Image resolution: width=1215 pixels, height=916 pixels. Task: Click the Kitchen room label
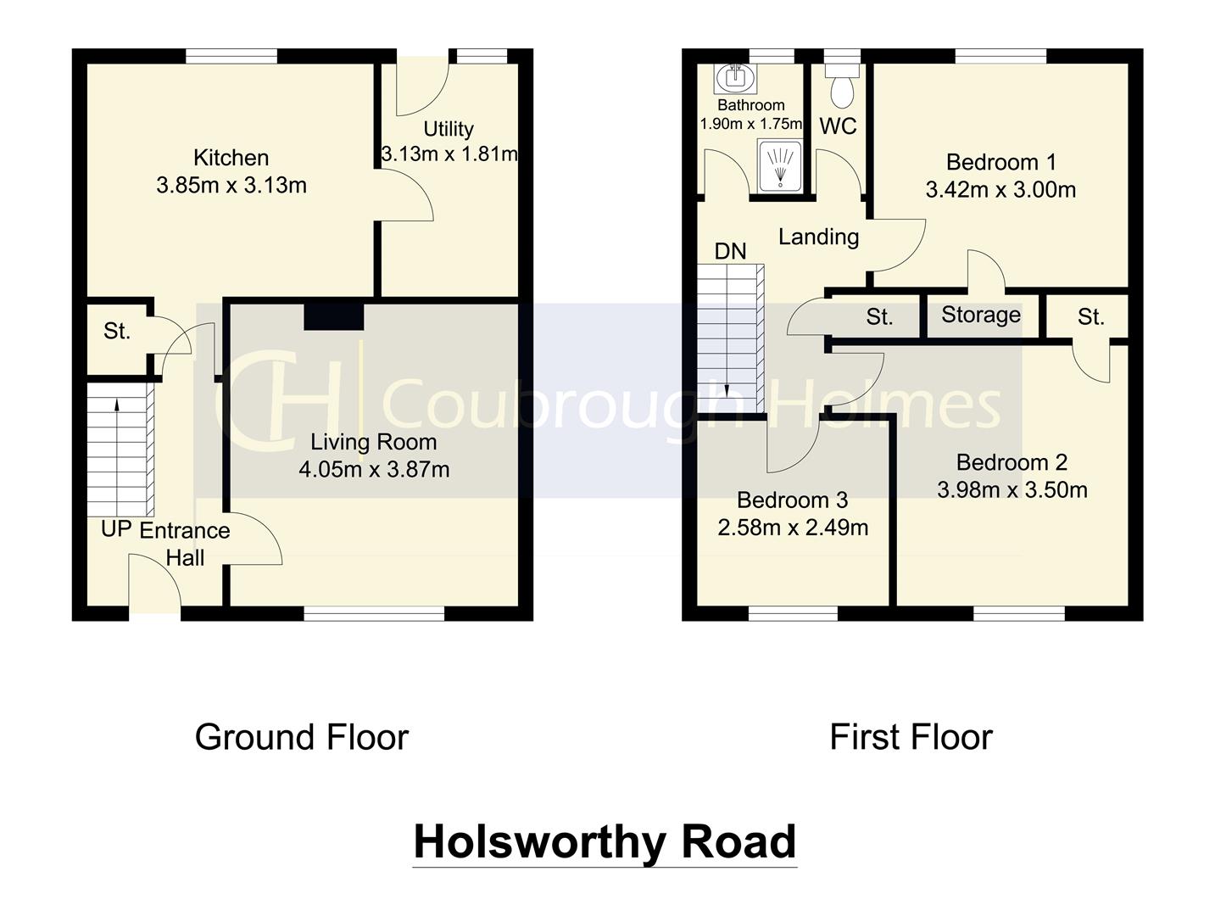click(231, 158)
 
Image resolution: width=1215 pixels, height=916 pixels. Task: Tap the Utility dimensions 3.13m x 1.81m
click(449, 154)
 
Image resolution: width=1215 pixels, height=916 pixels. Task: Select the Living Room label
click(373, 442)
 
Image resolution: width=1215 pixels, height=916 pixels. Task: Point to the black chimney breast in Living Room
click(334, 316)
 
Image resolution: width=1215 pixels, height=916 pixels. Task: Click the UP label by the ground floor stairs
click(116, 529)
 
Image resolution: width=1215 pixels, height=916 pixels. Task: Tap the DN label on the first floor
click(730, 251)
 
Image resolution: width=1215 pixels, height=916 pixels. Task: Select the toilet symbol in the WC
click(842, 87)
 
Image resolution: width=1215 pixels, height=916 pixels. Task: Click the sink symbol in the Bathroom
click(733, 79)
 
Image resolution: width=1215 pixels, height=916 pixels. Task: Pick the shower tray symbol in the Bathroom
click(778, 165)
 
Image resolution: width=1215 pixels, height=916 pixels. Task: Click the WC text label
click(838, 126)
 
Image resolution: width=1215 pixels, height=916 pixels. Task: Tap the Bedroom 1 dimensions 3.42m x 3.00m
click(1000, 189)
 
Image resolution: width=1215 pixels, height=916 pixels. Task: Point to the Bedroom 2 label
click(1012, 462)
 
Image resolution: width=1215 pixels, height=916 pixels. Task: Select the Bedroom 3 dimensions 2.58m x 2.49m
click(793, 528)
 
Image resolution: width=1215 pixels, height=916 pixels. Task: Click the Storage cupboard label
click(981, 315)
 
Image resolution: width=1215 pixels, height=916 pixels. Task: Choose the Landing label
click(818, 237)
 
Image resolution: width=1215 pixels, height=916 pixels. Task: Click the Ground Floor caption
click(302, 737)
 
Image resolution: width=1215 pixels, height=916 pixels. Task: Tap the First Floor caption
click(911, 737)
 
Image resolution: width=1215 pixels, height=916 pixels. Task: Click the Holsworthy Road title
click(605, 841)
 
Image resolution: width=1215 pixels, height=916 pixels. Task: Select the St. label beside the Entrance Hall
click(117, 332)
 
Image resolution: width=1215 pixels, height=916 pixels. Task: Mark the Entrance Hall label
click(185, 544)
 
